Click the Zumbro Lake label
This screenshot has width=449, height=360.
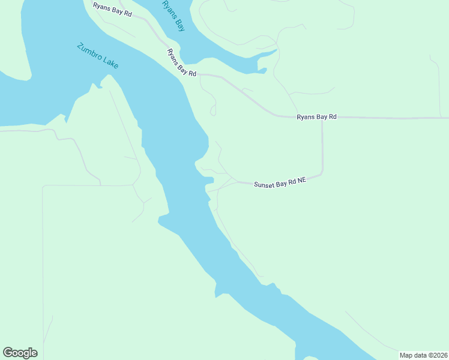[x=97, y=56]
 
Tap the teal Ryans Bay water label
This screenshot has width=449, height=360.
[x=173, y=16]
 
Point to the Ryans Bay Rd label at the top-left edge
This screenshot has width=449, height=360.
[x=112, y=9]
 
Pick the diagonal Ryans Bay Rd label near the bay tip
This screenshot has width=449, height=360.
[x=181, y=63]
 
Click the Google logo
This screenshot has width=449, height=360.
[x=20, y=353]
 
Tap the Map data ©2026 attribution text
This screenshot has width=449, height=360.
[x=423, y=355]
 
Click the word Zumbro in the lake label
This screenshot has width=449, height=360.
[x=88, y=50]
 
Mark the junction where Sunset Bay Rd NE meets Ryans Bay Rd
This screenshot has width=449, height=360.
[x=322, y=118]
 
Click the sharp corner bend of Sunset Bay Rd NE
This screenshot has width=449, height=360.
[x=322, y=173]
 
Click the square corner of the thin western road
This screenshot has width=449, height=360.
[x=43, y=186]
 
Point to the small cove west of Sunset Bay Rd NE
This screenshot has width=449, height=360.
[x=208, y=179]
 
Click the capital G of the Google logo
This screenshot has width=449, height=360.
[x=8, y=353]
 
